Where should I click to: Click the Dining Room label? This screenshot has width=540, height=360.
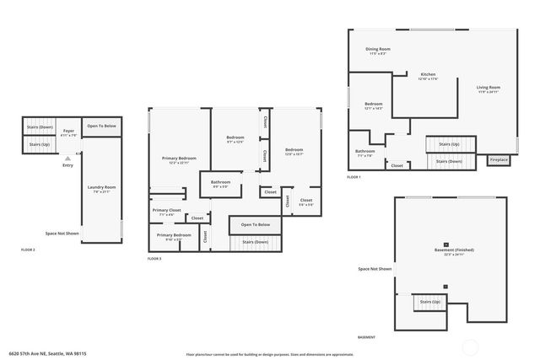[377, 50]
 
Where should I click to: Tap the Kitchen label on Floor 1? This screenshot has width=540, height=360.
[428, 75]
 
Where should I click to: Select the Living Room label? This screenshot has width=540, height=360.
[489, 88]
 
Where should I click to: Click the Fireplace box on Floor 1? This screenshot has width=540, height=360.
[499, 159]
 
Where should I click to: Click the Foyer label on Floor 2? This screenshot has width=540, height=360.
[68, 132]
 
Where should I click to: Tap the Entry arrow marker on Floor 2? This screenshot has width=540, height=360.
[67, 157]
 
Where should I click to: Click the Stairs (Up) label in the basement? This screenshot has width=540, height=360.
[428, 301]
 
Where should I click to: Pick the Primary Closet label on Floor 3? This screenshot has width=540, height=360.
[166, 210]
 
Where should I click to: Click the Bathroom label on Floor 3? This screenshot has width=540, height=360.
[221, 182]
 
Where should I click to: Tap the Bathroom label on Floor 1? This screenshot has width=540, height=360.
[364, 153]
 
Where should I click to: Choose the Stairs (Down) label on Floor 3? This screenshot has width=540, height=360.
[255, 242]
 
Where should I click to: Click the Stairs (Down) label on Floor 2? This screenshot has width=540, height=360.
[39, 127]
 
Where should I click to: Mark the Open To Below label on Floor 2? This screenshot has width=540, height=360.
[101, 126]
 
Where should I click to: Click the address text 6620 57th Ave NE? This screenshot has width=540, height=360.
[48, 354]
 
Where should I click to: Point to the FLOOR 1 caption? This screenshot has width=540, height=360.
[354, 177]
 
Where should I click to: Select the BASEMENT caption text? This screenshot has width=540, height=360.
[366, 336]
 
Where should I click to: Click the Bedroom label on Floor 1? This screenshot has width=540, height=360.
[373, 105]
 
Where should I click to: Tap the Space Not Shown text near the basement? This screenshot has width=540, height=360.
[375, 269]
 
